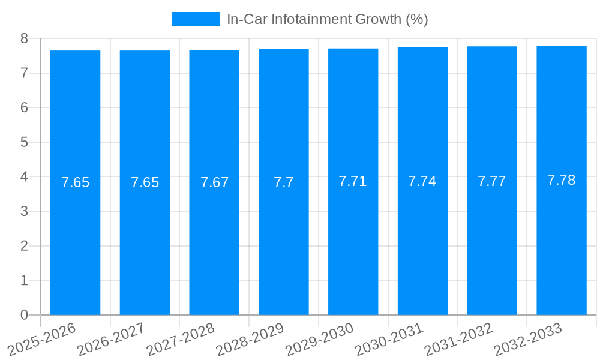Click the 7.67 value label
point(214,182)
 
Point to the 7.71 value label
point(353,181)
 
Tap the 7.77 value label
point(492,181)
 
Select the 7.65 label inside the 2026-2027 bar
point(145,182)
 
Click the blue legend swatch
point(195,19)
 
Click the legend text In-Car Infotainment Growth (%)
point(327,19)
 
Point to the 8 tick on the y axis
point(24,38)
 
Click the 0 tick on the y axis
point(24,315)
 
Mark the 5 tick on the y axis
point(24,142)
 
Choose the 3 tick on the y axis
point(24,211)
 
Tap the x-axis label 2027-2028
point(181,339)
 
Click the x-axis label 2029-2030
point(320,339)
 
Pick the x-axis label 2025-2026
point(42,339)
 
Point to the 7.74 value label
point(422,181)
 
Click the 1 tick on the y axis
point(24,280)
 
